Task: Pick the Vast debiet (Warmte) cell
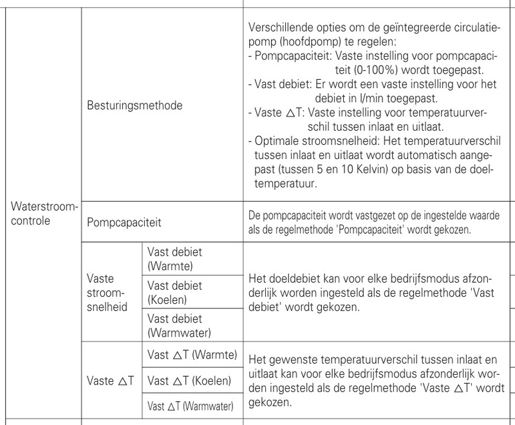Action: point(174,258)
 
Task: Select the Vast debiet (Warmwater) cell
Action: point(180,325)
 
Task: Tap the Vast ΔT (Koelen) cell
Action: point(189,381)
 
